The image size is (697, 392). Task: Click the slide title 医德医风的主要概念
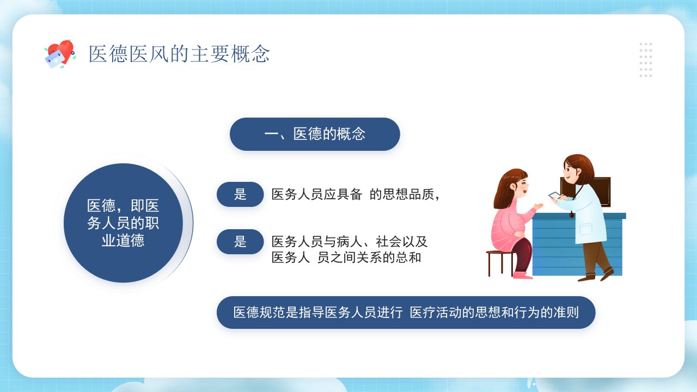point(179,54)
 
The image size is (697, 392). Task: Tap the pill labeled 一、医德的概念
point(315,134)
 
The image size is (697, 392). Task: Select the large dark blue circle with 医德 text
point(123,223)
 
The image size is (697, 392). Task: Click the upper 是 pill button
point(240,194)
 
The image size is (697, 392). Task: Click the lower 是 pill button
point(240,242)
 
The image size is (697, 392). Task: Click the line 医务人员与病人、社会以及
point(350,242)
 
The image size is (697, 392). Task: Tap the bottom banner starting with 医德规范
point(406,313)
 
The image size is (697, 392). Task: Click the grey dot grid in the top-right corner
point(646,60)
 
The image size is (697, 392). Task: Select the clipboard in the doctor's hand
point(554,195)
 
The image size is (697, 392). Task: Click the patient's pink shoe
point(522,275)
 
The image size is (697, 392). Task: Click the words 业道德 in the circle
point(123,241)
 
